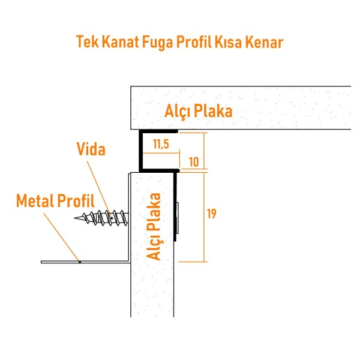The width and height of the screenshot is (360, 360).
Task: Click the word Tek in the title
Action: [x=88, y=42]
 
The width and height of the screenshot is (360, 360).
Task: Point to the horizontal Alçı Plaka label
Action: [x=198, y=111]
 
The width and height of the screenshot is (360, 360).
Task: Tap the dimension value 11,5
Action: [x=160, y=145]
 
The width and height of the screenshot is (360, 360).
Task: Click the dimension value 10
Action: [x=193, y=162]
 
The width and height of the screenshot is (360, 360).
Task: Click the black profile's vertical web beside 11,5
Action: [x=140, y=150]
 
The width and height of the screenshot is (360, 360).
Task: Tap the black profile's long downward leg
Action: [x=176, y=204]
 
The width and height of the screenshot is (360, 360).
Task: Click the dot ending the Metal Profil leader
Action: [x=79, y=262]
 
